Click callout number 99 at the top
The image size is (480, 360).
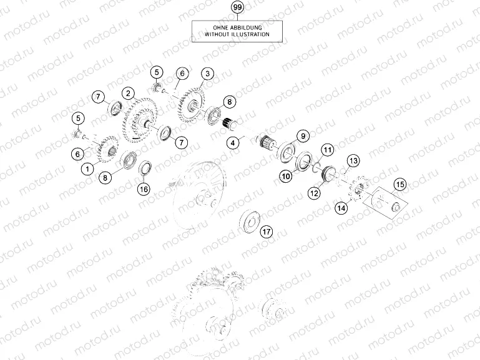tap(238, 7)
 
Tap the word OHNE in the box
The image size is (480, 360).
tap(220, 28)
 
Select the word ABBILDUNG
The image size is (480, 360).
tap(246, 28)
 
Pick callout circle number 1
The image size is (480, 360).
tap(87, 169)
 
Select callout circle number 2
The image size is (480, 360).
tap(128, 94)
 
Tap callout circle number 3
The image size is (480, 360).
tap(208, 74)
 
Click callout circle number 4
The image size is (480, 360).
tap(233, 142)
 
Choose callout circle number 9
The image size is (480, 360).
tap(303, 136)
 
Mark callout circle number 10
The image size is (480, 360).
tap(286, 176)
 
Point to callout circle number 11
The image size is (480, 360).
tap(328, 150)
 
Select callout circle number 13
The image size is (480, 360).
tap(353, 160)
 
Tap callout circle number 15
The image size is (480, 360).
tap(400, 185)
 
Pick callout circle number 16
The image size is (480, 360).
tap(144, 189)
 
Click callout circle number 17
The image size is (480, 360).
tap(267, 231)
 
